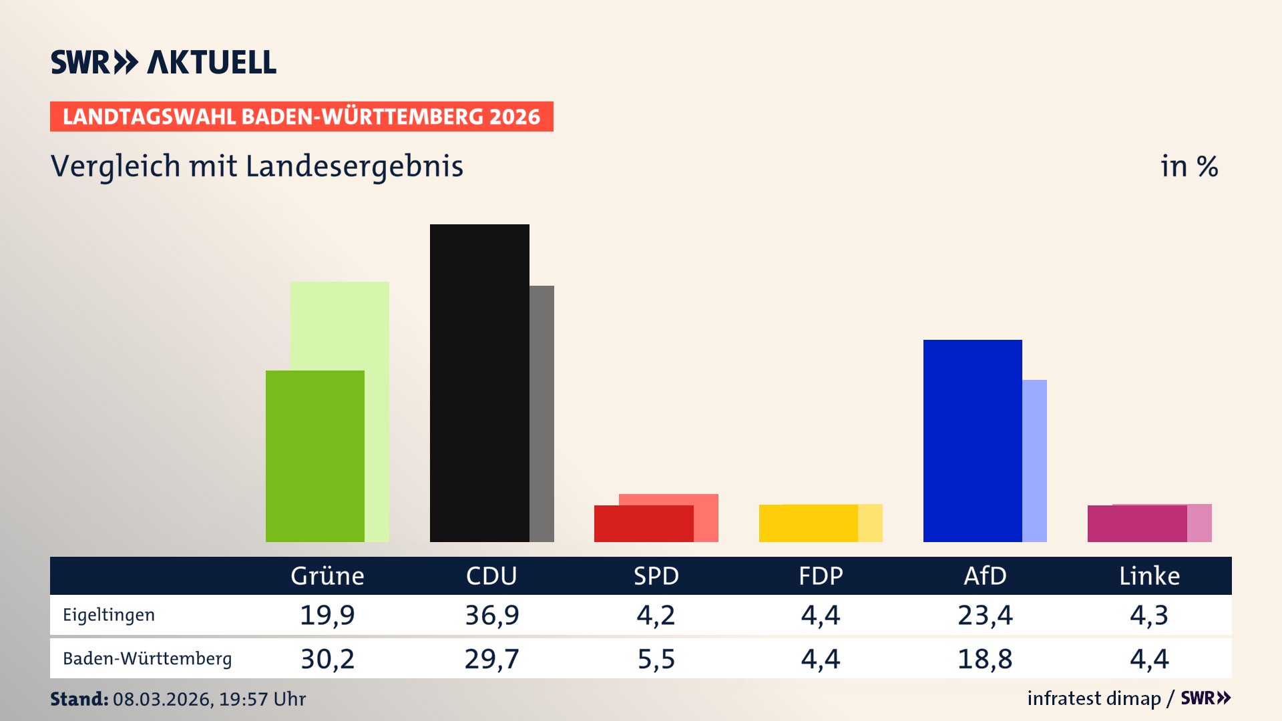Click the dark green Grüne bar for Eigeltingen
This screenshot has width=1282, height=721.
tap(315, 456)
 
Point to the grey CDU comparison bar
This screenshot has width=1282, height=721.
tap(542, 413)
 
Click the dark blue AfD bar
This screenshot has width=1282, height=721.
tap(972, 441)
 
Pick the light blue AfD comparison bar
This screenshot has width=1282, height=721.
tap(1034, 461)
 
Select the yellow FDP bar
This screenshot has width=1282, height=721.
tap(808, 523)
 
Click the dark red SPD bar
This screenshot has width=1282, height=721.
tap(644, 524)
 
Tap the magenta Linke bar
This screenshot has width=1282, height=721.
tap(1137, 524)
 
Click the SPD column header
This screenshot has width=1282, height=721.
tap(656, 575)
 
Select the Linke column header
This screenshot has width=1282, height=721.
tap(1149, 575)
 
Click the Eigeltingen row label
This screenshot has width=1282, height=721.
tap(109, 615)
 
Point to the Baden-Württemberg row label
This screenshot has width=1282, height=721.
tap(147, 659)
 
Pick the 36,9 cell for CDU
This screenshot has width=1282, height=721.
tap(491, 615)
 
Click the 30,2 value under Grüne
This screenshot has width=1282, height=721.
tap(327, 659)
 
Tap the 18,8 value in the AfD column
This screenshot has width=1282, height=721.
tap(985, 659)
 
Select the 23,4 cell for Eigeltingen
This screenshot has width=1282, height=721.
tap(985, 615)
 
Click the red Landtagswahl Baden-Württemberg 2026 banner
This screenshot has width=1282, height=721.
tap(301, 116)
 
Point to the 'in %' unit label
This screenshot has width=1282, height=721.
tap(1189, 166)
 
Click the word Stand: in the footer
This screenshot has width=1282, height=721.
tap(79, 699)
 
